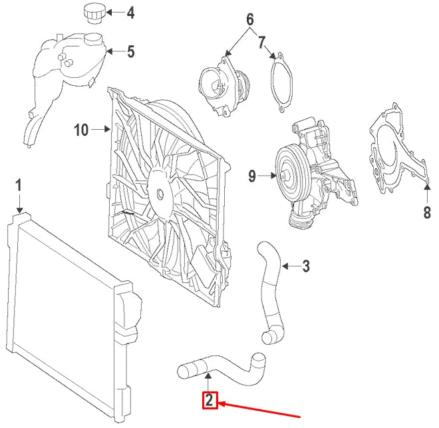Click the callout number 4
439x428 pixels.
(x=130, y=13)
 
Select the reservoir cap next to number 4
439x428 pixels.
(x=94, y=14)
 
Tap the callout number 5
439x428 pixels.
(x=130, y=52)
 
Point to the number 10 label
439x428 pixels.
(x=81, y=130)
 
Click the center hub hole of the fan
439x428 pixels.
(x=160, y=194)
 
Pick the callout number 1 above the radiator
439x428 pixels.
(x=19, y=185)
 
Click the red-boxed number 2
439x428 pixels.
(x=210, y=400)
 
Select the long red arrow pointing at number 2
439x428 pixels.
(x=259, y=410)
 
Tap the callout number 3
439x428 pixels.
(x=306, y=266)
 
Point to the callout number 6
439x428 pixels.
(x=250, y=19)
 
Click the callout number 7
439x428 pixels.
(x=261, y=43)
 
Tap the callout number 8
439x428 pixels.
(x=426, y=212)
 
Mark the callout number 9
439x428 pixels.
(x=252, y=176)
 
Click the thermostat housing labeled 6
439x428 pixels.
(x=224, y=84)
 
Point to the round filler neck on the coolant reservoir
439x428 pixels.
(x=92, y=39)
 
